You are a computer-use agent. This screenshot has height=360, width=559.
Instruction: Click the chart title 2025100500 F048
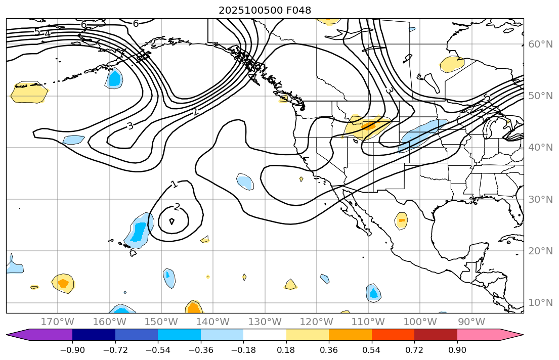[265, 10]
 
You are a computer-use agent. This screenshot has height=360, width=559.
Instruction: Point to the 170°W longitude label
[57, 322]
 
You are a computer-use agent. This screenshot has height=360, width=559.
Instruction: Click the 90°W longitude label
[471, 322]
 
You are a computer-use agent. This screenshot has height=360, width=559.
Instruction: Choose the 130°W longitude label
[265, 322]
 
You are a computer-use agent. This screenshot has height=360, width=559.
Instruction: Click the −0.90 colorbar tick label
[72, 350]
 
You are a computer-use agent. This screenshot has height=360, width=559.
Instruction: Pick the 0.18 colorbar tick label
[286, 350]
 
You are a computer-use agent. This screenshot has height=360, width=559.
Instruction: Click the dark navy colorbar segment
[94, 335]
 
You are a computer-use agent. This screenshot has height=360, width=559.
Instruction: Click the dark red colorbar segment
[436, 335]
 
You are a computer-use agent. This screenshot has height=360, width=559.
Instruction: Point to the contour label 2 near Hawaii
[177, 206]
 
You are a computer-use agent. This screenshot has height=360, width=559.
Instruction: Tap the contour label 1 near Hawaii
[174, 185]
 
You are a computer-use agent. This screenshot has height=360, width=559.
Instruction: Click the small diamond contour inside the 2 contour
[171, 221]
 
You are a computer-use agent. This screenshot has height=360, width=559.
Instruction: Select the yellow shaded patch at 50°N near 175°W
[29, 93]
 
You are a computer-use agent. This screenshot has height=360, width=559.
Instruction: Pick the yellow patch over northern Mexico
[401, 221]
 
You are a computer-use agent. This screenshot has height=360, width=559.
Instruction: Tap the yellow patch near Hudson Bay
[451, 64]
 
